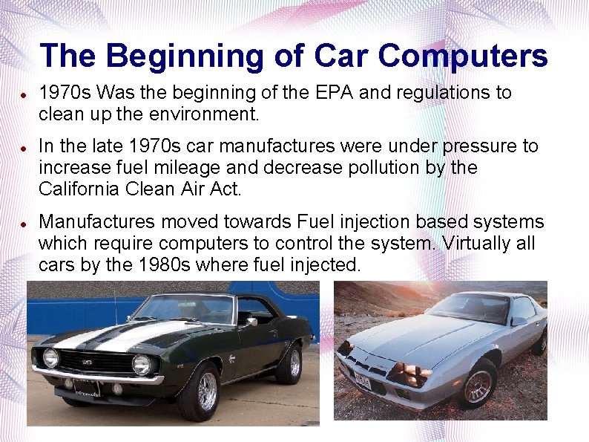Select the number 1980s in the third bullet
tap(164, 264)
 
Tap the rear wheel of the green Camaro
tap(292, 363)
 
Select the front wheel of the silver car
tap(481, 382)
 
